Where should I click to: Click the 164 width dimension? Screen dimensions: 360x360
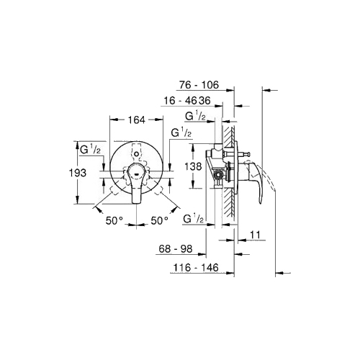tap(136, 120)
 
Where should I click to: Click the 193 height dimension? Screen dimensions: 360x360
tap(77, 173)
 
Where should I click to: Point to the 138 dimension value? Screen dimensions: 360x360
tap(193, 166)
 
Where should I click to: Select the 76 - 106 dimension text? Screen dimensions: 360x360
tap(199, 85)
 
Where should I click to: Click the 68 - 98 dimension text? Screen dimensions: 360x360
tap(176, 249)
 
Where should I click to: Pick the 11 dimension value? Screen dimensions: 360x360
tap(255, 235)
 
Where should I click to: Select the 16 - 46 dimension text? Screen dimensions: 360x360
tap(180, 101)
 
